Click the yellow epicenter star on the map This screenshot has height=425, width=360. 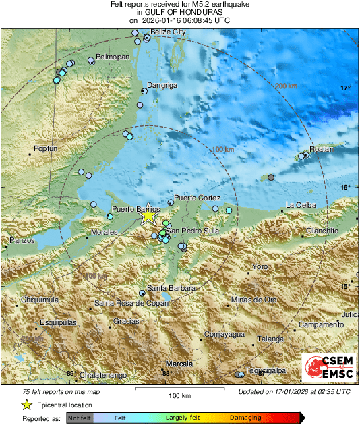pyautogui.click(x=148, y=217)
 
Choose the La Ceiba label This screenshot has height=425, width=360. pyautogui.click(x=300, y=205)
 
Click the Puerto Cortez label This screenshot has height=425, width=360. pyautogui.click(x=197, y=198)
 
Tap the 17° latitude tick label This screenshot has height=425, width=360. pyautogui.click(x=345, y=88)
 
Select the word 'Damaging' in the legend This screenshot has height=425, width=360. pyautogui.click(x=241, y=418)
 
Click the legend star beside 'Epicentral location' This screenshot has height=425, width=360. pyautogui.click(x=26, y=405)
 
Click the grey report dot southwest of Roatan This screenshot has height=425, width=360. pyautogui.click(x=271, y=177)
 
